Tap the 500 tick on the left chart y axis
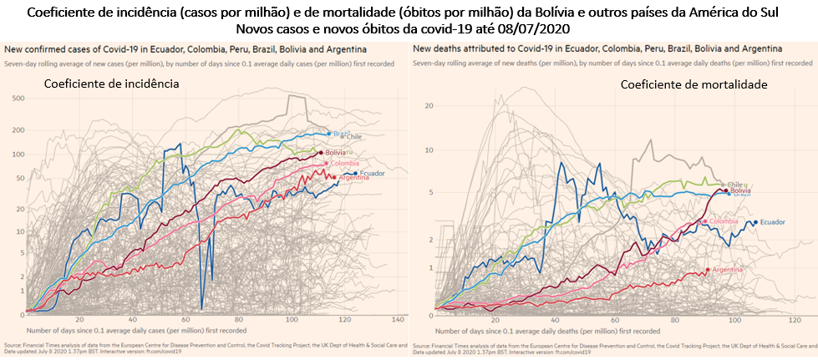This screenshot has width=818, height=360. [x=18, y=99]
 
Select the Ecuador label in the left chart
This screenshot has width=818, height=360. [x=372, y=173]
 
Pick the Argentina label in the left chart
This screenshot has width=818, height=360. [x=354, y=177]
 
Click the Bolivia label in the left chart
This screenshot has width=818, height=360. [x=334, y=153]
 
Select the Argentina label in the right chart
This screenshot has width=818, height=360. [x=729, y=270]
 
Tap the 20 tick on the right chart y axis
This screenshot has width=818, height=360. [x=428, y=105]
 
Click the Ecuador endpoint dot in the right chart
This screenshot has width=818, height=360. [x=756, y=222]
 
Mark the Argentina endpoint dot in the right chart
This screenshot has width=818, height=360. [x=708, y=269]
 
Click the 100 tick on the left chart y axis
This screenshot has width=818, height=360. [x=18, y=155]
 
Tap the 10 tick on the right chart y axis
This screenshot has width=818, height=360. [x=428, y=150]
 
